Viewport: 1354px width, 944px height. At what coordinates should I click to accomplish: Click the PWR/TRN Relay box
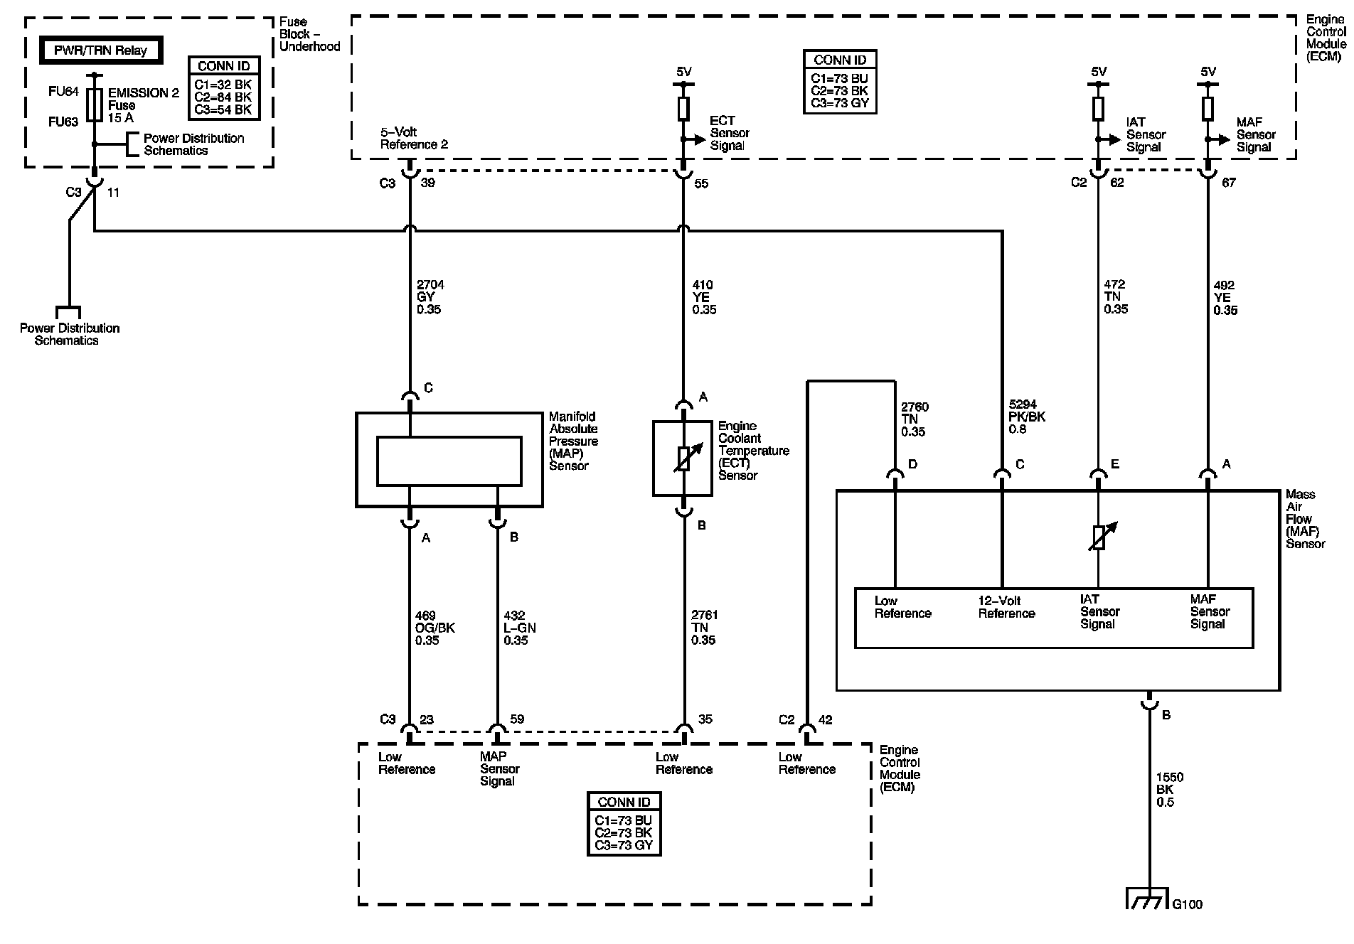click(100, 50)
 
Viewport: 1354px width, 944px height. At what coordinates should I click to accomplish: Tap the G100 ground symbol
click(1147, 899)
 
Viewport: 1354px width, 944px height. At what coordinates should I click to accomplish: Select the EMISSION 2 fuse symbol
click(94, 104)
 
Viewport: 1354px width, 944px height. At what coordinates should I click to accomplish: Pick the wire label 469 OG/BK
click(435, 628)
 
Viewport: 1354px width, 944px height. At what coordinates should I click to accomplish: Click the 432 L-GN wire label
click(520, 628)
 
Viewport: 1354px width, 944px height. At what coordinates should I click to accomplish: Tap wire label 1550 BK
click(1170, 790)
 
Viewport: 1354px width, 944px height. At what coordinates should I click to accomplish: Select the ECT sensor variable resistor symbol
click(683, 458)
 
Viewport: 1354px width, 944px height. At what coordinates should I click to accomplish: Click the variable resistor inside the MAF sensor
click(1099, 537)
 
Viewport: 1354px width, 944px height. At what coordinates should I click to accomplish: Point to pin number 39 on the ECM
click(428, 183)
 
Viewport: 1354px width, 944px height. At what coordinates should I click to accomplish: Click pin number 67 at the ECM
click(1228, 183)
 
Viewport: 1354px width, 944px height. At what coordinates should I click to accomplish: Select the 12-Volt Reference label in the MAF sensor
click(1006, 607)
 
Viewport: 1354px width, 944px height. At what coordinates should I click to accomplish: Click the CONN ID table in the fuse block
click(224, 88)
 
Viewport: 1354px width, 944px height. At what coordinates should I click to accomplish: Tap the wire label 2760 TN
click(915, 419)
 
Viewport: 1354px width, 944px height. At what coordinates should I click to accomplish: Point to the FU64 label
click(63, 91)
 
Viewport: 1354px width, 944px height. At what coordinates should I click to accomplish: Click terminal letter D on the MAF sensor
click(913, 464)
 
